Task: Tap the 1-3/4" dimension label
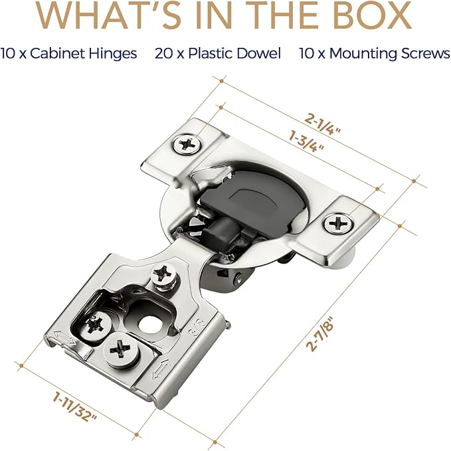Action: point(306,141)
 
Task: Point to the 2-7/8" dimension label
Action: point(320,333)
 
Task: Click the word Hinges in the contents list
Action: point(112,54)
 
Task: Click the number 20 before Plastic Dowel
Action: point(163,54)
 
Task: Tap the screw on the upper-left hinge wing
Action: point(187,144)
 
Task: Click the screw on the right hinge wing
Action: point(338,223)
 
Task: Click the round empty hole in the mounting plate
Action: point(150,325)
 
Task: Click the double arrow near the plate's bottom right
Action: point(161,369)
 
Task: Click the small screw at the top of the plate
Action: point(163,275)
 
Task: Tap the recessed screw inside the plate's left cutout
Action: point(94,325)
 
